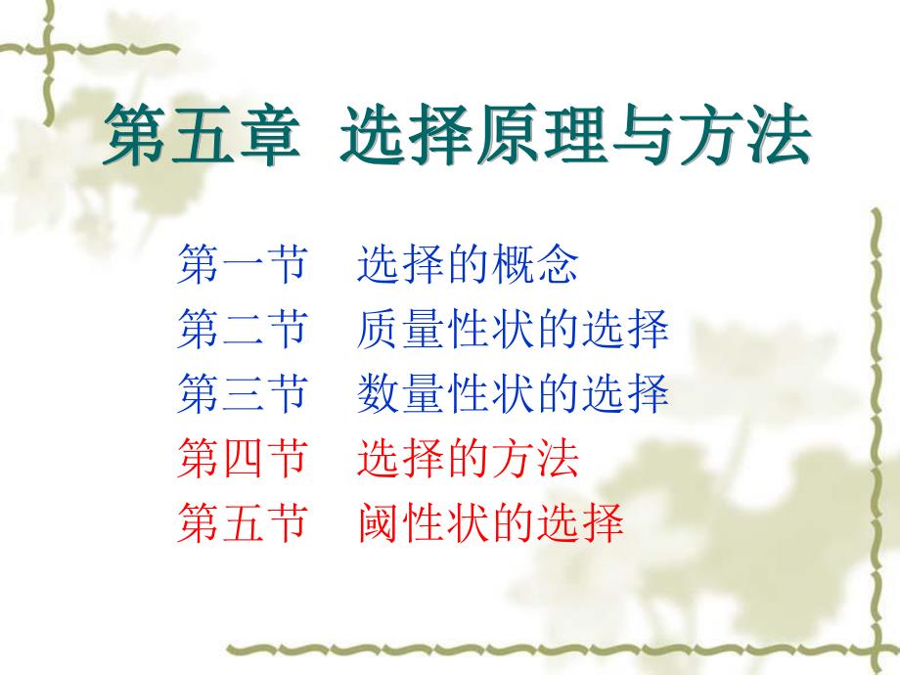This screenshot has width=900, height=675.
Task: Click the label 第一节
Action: [x=242, y=266]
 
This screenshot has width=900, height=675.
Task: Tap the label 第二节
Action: [x=242, y=331]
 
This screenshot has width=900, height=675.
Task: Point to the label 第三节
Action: [x=242, y=394]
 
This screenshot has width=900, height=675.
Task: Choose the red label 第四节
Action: [x=242, y=459]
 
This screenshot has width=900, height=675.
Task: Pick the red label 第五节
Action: [x=242, y=523]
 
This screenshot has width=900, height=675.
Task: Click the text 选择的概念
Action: [x=468, y=266]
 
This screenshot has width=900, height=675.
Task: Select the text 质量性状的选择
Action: [x=513, y=331]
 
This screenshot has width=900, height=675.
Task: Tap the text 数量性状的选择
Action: [x=513, y=394]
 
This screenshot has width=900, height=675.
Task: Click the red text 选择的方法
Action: [x=468, y=459]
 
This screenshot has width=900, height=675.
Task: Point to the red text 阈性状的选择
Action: [x=490, y=523]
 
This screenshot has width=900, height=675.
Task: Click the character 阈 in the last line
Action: [x=379, y=523]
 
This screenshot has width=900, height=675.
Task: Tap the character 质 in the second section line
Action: [x=379, y=331]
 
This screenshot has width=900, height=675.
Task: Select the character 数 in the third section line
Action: [x=379, y=394]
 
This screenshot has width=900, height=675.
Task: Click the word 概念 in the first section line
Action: [x=535, y=266]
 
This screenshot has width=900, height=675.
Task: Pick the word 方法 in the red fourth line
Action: [x=535, y=459]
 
